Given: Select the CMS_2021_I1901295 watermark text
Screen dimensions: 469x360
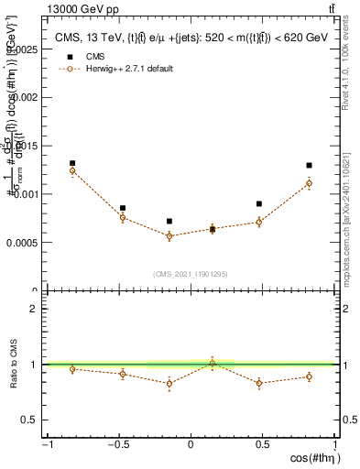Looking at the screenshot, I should (x=191, y=274).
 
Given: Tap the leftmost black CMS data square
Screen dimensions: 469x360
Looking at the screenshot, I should (x=72, y=163).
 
